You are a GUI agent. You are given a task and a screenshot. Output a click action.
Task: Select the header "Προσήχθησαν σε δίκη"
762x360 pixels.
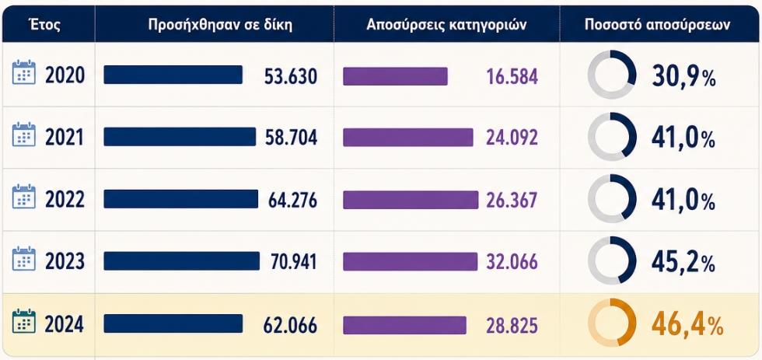(220, 25)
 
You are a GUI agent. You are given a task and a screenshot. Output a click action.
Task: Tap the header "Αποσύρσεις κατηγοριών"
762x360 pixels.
(446, 25)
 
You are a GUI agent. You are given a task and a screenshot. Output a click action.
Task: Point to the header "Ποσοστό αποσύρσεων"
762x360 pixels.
(658, 25)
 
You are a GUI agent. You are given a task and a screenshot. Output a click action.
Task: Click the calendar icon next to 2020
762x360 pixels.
(24, 72)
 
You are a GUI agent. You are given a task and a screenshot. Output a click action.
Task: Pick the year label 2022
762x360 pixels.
(65, 200)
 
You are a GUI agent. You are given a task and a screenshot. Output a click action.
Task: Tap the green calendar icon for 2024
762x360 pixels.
(24, 321)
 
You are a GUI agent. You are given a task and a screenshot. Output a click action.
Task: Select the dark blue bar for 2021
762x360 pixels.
(180, 137)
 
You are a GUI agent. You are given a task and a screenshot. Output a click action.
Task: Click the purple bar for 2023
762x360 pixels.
(411, 261)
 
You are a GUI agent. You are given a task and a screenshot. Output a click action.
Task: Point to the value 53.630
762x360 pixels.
(291, 76)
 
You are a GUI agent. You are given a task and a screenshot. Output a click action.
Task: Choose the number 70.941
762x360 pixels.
(294, 262)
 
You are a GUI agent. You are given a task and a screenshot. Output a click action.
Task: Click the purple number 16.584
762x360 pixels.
(512, 76)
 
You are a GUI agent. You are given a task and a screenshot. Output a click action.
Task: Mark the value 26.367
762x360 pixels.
(512, 200)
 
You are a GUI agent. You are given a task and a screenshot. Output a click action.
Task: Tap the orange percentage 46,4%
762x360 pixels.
(687, 325)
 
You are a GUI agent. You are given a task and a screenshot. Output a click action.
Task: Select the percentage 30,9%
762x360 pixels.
(683, 77)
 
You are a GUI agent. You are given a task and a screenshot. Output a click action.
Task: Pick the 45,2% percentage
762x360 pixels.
(683, 263)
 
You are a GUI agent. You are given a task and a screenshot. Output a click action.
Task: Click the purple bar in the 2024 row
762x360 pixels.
(404, 325)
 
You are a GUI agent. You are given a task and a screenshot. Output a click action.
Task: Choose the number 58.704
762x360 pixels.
(291, 138)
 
